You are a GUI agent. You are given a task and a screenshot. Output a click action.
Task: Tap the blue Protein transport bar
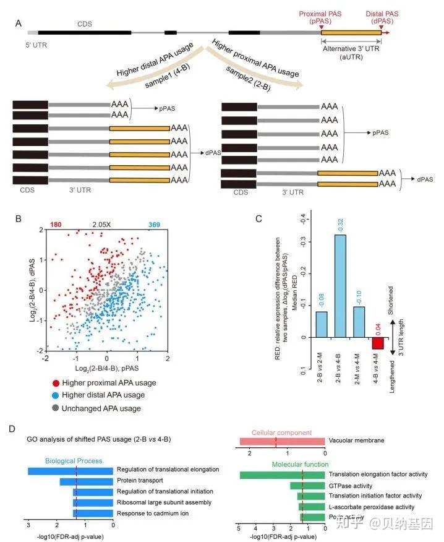pos(86,481)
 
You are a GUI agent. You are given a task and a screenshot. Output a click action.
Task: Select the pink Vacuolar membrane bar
pos(282,441)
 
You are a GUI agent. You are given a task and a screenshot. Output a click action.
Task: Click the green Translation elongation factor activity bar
pos(282,475)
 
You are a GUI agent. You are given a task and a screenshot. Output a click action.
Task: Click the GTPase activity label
pos(351,486)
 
